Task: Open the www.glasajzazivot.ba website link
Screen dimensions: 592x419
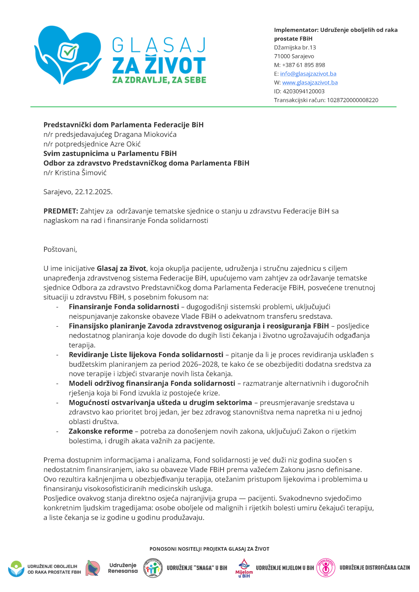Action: (310, 83)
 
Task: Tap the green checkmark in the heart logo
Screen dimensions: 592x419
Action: (69, 51)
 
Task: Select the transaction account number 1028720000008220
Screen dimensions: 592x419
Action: (352, 100)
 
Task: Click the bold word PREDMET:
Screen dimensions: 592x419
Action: (61, 211)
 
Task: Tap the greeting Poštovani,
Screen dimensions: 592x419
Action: (60, 249)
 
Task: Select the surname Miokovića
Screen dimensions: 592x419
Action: (160, 134)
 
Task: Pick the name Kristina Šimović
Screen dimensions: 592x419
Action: (81, 173)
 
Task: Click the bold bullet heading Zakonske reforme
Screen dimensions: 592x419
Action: (101, 431)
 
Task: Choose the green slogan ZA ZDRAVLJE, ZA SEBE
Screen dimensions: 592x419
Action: (159, 80)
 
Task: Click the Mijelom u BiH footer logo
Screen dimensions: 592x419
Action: (244, 568)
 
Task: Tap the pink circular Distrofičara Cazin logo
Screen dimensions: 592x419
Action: (326, 567)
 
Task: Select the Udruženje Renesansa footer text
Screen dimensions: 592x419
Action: (123, 568)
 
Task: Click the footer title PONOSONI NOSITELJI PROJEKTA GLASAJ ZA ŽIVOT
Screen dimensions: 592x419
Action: (209, 549)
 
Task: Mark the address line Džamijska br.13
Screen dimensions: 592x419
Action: (295, 47)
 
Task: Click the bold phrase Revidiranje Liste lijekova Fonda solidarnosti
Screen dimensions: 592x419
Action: (146, 355)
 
